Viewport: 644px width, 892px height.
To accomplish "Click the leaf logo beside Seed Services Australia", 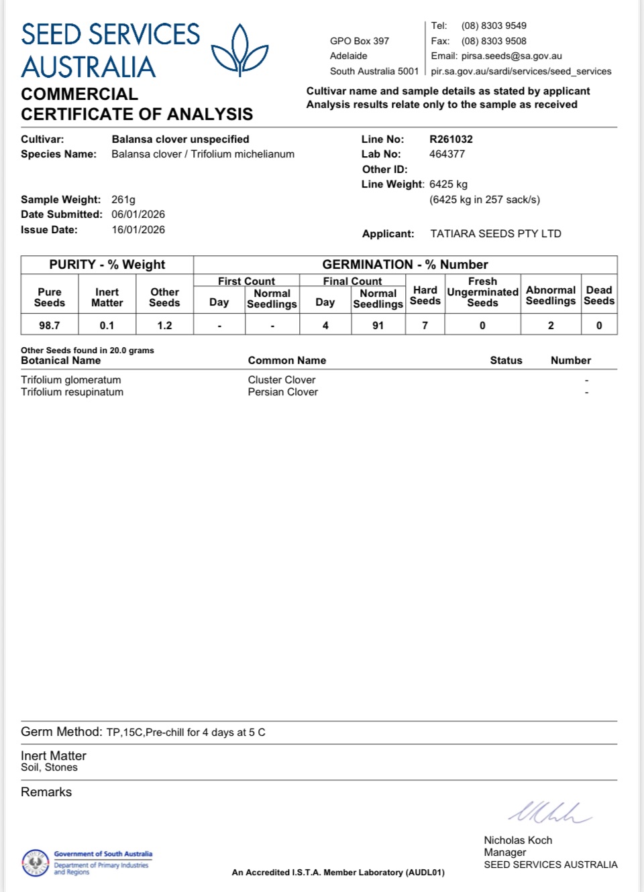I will (239, 50).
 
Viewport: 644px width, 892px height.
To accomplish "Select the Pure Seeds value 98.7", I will (49, 326).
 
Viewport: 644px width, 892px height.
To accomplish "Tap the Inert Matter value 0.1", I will (107, 326).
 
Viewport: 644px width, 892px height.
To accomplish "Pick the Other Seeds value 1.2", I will (164, 326).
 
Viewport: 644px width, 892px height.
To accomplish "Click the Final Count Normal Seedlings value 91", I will (378, 326).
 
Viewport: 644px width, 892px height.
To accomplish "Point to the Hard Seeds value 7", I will (425, 326).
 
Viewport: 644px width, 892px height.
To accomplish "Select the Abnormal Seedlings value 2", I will (551, 326).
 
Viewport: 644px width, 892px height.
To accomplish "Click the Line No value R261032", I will (451, 139).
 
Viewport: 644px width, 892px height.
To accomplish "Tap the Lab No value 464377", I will (447, 154).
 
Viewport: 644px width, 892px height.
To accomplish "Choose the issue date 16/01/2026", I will (138, 230).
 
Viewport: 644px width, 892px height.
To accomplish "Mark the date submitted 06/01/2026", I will (138, 214).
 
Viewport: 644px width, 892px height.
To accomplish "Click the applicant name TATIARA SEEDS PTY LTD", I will (496, 234).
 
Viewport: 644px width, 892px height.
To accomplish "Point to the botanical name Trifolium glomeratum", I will (71, 380).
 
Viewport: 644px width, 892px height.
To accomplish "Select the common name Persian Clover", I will (282, 392).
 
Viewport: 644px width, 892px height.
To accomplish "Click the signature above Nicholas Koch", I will (549, 813).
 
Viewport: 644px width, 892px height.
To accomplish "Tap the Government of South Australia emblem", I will (36, 863).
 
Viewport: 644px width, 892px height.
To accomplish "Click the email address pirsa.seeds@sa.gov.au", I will (511, 56).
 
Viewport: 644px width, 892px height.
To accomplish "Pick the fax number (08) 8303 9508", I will (494, 41).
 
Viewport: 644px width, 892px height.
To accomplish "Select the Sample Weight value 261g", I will (123, 200).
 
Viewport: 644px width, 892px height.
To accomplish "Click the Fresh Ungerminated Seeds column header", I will (482, 292).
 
